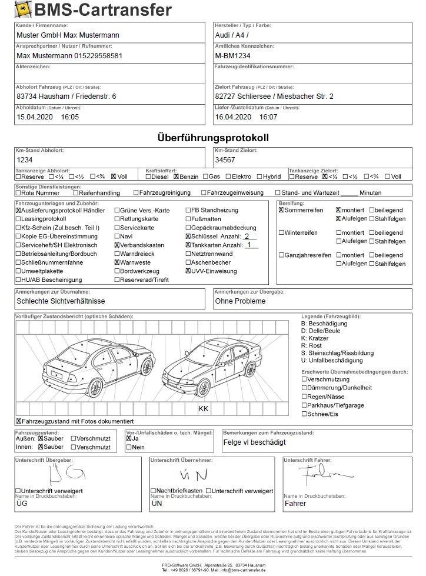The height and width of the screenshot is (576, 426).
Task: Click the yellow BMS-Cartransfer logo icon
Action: [x=24, y=9]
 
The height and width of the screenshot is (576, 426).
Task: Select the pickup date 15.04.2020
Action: [x=34, y=118]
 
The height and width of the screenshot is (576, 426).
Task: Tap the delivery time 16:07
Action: [x=268, y=118]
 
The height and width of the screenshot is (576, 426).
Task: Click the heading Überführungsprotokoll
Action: [x=213, y=138]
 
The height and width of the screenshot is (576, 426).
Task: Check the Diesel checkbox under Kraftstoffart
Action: [x=148, y=177]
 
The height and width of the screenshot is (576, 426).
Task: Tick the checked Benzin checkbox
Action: [x=176, y=177]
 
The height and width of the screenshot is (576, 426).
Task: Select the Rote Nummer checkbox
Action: [x=18, y=193]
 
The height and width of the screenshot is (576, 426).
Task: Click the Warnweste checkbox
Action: [x=118, y=262]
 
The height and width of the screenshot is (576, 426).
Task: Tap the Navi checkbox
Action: [x=118, y=236]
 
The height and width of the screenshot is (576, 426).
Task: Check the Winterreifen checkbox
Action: [x=281, y=233]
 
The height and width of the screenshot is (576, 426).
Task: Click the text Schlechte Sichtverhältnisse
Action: [x=61, y=301]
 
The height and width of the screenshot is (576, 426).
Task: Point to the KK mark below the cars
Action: [x=203, y=409]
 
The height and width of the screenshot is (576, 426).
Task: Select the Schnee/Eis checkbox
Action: [x=304, y=414]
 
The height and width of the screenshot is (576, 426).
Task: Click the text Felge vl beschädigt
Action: [x=254, y=442]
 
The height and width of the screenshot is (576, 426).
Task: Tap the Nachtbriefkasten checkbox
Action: [x=153, y=491]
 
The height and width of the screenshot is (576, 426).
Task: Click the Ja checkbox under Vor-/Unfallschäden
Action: [x=129, y=438]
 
